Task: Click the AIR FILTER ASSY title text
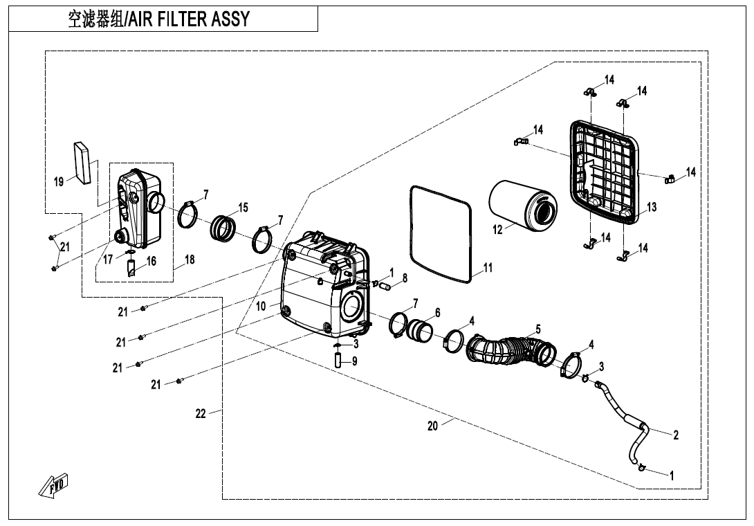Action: [158, 19]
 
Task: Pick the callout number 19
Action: [59, 182]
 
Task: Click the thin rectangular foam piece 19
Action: [83, 163]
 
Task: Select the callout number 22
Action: [201, 414]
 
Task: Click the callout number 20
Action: [432, 426]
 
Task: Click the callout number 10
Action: [261, 305]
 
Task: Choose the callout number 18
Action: [190, 260]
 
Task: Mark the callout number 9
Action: [354, 361]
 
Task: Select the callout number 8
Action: [405, 278]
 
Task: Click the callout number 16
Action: [151, 262]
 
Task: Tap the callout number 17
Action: [108, 261]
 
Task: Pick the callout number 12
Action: [498, 230]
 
